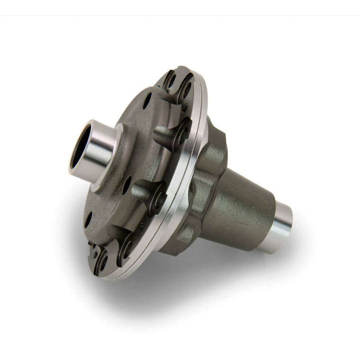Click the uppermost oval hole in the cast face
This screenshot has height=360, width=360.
coord(148,100)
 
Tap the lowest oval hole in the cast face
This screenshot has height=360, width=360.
coord(89,219)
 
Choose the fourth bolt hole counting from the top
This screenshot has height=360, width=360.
coord(158,198)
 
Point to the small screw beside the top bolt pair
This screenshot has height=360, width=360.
coord(184,108)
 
